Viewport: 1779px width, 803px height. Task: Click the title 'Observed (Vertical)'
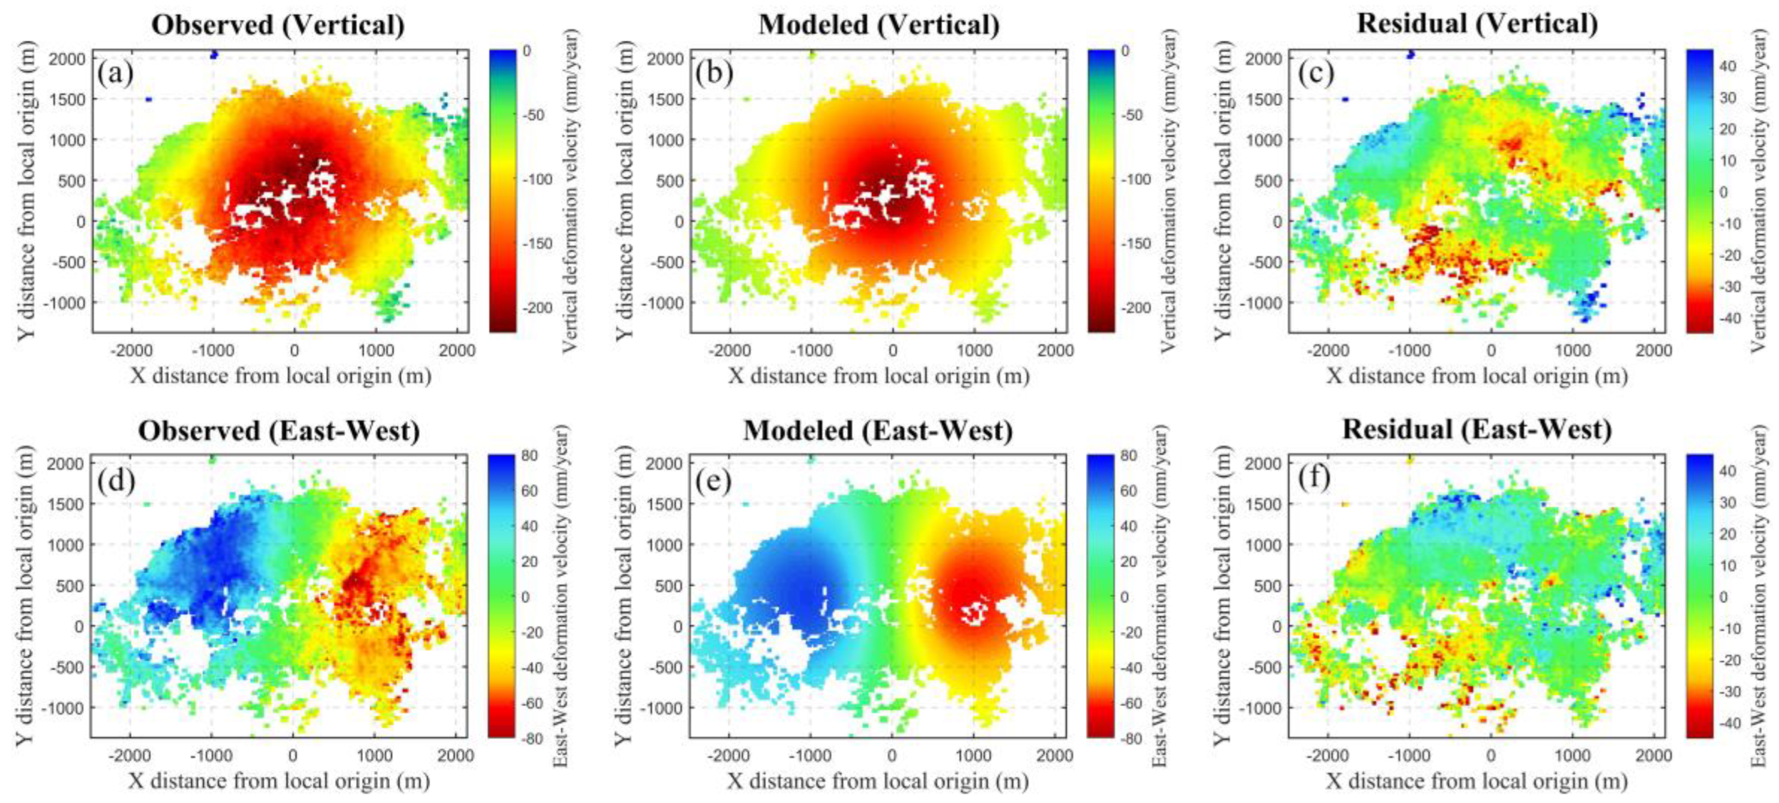point(278,25)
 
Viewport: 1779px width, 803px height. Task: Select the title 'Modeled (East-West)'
point(877,431)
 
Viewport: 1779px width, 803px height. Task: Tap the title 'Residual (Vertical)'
point(1477,24)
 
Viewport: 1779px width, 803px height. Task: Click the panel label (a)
point(116,72)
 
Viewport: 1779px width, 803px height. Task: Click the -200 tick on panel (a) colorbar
point(536,308)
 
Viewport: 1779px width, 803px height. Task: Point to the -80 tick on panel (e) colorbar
point(1128,739)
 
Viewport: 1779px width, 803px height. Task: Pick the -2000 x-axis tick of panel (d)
point(131,755)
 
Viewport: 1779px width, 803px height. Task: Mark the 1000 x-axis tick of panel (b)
point(974,351)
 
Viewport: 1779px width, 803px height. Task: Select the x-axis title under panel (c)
point(1476,376)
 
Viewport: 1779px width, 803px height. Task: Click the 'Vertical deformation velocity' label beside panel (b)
point(1168,191)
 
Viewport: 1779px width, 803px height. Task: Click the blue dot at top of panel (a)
point(213,55)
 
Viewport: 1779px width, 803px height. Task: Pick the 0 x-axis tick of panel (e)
point(891,755)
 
